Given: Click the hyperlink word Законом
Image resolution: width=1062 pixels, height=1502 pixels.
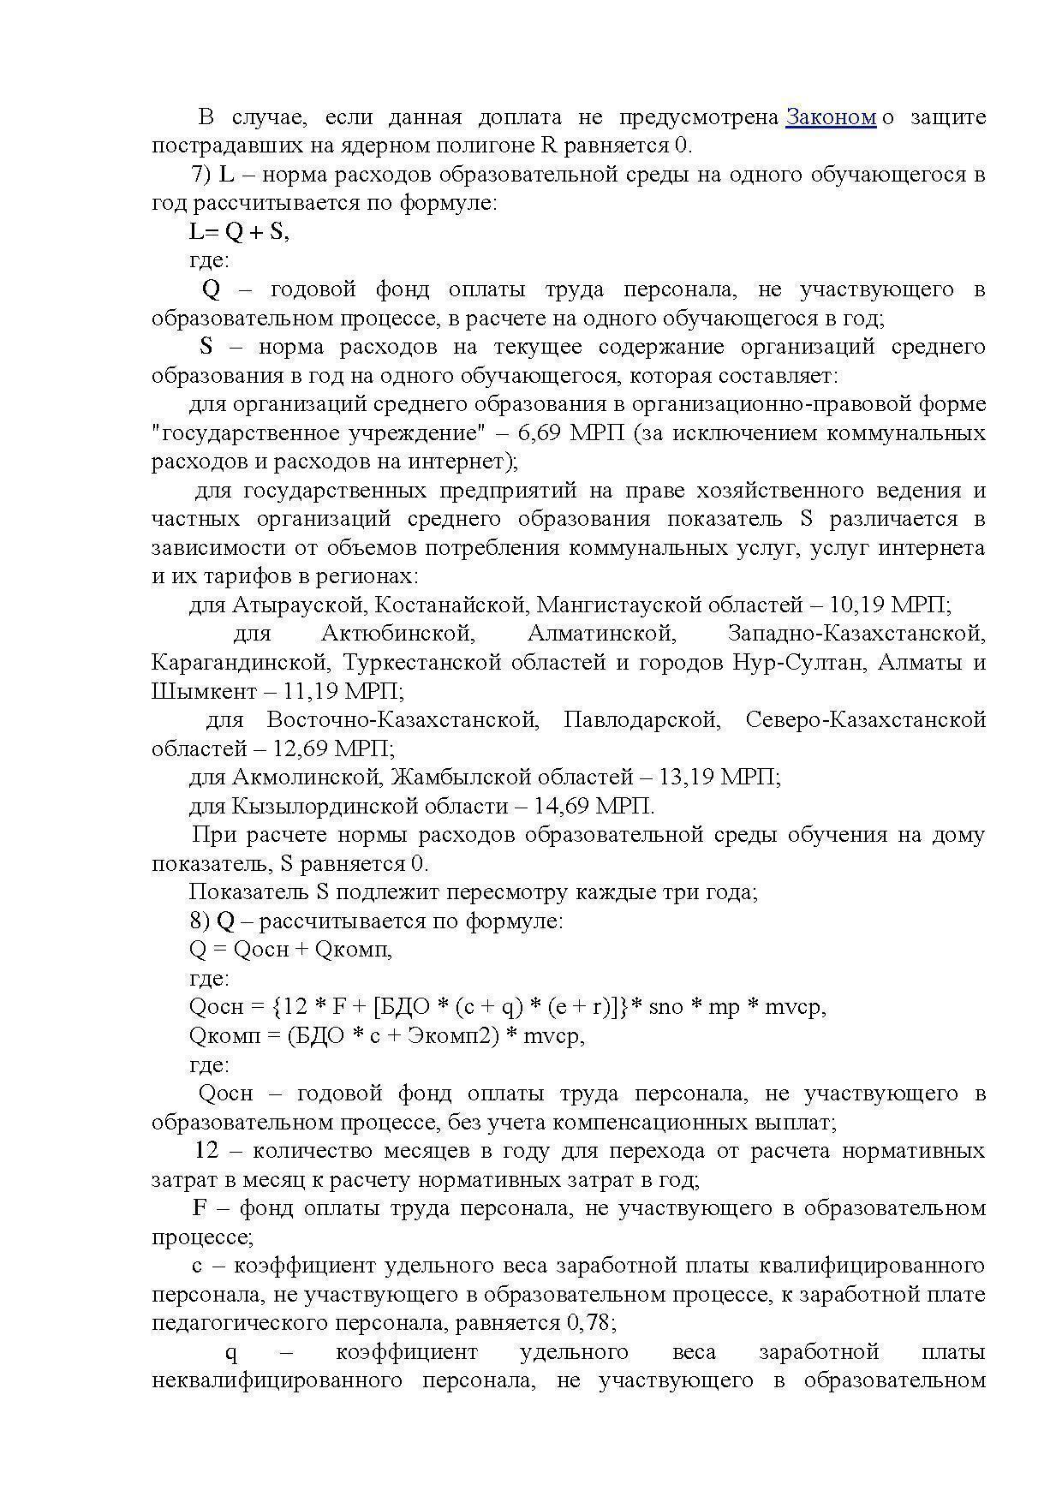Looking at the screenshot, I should click(x=830, y=117).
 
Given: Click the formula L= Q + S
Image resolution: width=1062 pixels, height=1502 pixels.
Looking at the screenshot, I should click(x=239, y=232).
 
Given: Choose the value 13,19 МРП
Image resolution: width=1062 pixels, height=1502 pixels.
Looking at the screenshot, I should click(x=719, y=778).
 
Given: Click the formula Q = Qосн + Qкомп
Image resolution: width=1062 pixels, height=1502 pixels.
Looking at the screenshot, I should click(x=290, y=949).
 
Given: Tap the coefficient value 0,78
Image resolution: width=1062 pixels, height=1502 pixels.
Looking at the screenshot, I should click(x=590, y=1323).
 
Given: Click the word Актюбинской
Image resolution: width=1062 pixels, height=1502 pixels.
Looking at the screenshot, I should click(x=397, y=634).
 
